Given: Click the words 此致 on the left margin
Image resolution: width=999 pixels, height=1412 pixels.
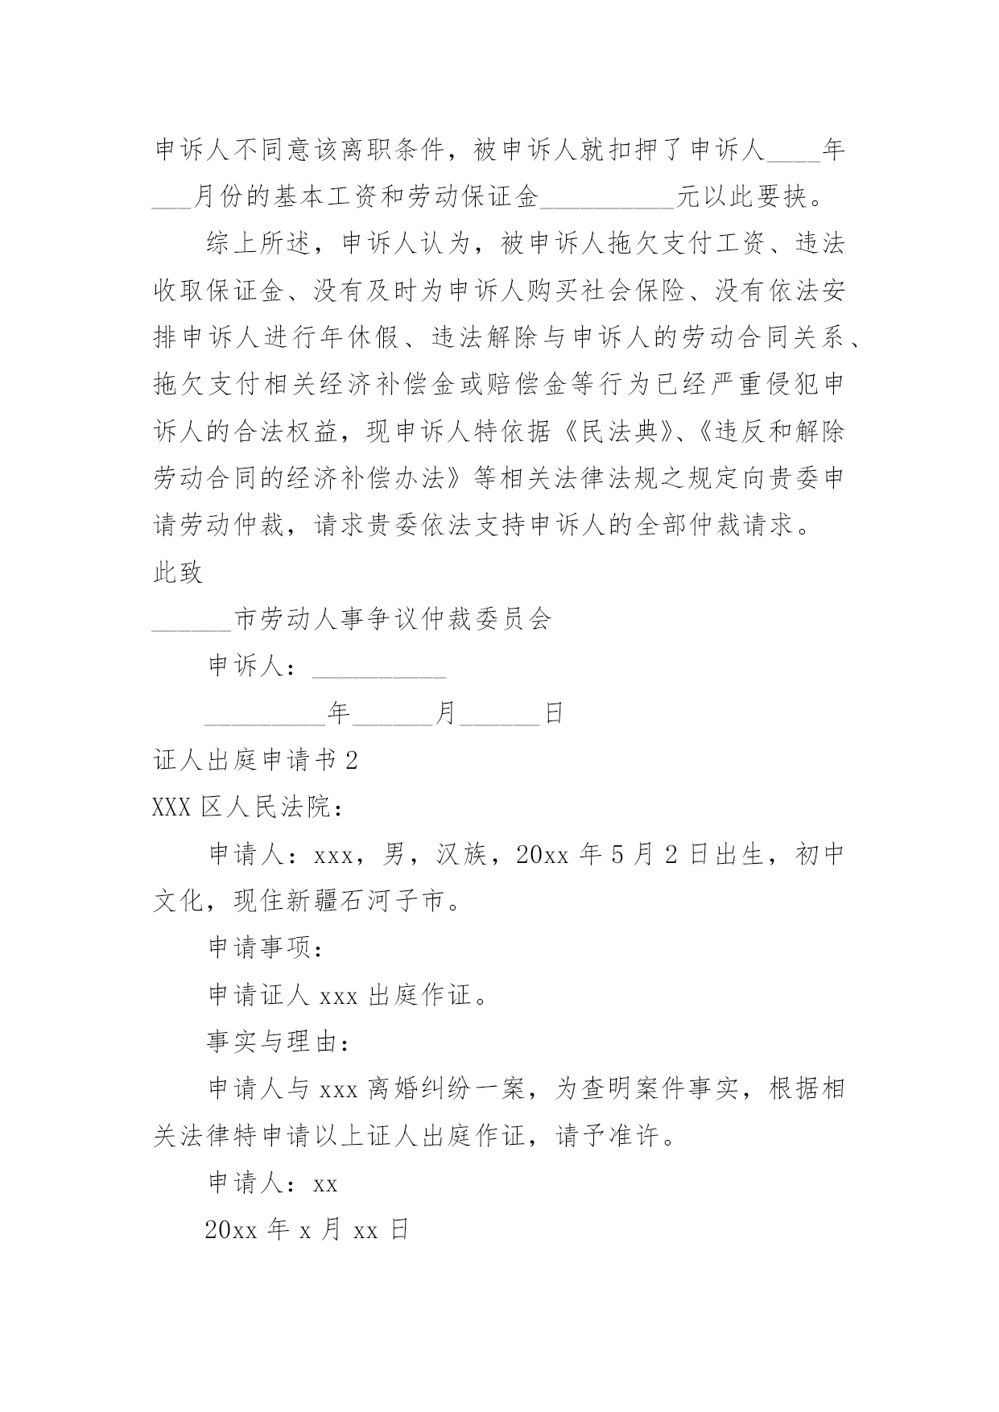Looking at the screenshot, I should tap(178, 573).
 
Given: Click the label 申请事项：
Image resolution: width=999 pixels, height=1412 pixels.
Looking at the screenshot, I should tap(266, 948).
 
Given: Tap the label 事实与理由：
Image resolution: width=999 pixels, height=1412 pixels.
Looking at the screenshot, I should tap(279, 1042).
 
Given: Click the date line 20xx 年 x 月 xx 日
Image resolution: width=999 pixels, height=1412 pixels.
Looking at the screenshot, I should tap(308, 1230).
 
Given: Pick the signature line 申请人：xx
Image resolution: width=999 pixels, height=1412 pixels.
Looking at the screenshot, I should tap(273, 1183).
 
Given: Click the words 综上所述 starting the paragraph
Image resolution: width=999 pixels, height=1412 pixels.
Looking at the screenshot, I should tap(258, 245).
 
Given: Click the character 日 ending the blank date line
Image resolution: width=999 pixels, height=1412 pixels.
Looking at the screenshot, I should tap(554, 714).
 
